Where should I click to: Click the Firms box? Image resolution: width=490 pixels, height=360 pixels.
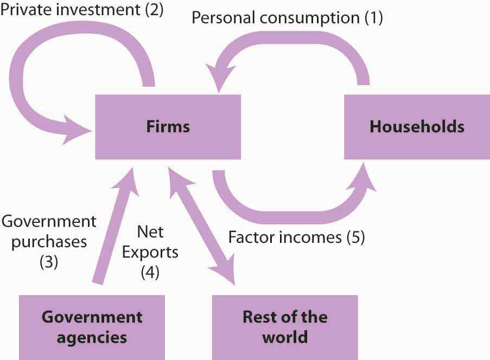tap(168, 127)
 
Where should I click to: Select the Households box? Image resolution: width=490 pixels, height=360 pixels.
tap(417, 127)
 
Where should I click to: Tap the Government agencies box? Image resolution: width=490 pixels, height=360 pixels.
tap(92, 327)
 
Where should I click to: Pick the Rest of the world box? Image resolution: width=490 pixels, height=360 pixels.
tap(285, 327)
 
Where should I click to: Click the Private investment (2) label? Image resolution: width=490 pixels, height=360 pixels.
tap(82, 9)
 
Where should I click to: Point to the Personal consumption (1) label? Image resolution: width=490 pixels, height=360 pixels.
tap(287, 17)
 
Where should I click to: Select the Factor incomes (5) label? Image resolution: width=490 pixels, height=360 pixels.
tap(297, 237)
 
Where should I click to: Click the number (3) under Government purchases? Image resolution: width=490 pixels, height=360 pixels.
tap(49, 262)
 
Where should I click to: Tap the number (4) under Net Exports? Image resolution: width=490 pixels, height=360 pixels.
tap(150, 272)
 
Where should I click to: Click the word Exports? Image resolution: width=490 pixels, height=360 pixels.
tap(150, 252)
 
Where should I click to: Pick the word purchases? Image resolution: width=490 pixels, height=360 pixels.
tap(49, 242)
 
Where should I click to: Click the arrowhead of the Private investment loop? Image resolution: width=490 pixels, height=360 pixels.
tap(77, 130)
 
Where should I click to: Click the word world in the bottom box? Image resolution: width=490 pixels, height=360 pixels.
tap(285, 337)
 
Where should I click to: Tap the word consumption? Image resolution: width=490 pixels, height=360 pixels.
tap(310, 18)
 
